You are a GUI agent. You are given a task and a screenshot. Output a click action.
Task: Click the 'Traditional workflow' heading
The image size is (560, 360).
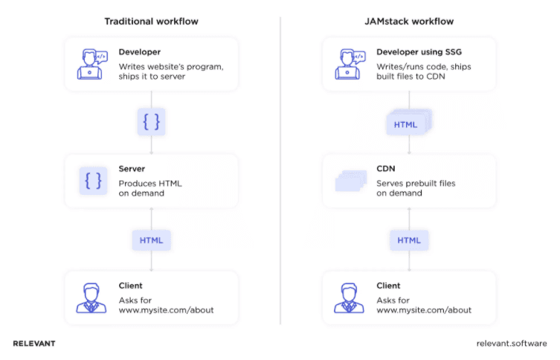coord(151,21)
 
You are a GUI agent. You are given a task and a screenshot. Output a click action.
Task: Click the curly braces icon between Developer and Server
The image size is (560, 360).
coord(151,120)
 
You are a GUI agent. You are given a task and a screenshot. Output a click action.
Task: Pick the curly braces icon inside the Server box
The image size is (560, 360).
coord(94,181)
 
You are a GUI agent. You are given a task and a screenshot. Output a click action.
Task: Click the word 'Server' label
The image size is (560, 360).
coord(132,170)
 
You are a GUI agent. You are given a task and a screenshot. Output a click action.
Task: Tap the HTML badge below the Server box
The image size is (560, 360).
coord(151,240)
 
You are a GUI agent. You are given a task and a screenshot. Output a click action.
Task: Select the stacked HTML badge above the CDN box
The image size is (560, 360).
coord(408,123)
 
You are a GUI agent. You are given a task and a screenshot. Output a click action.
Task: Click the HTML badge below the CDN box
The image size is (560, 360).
coord(409,240)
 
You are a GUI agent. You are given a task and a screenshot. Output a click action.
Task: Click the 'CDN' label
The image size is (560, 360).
coord(385,170)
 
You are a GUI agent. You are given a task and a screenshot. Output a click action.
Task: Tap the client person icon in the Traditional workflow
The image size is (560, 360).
coord(91,298)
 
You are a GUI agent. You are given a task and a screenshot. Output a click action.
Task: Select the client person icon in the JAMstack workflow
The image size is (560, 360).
coord(350,298)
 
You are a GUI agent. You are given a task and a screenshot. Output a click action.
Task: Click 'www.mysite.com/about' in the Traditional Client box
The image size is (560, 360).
coord(166,309)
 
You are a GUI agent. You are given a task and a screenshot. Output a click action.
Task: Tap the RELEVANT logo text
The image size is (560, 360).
coord(34,344)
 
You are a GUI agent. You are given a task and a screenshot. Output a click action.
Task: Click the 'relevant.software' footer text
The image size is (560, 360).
coord(511,344)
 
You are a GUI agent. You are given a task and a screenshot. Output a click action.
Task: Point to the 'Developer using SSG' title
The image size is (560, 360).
coord(419,53)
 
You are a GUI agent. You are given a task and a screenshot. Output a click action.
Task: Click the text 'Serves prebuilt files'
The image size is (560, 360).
coord(416,182)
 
